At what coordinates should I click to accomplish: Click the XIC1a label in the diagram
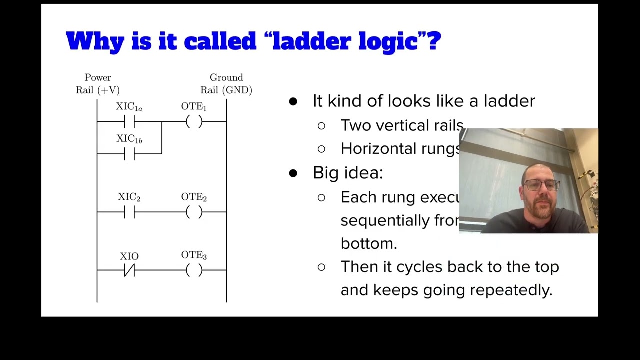[x=129, y=107]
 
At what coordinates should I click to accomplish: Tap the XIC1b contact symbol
[x=129, y=154]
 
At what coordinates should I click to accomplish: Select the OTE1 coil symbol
[x=194, y=121]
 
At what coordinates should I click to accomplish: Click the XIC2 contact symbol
[x=129, y=212]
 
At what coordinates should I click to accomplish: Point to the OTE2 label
[x=194, y=198]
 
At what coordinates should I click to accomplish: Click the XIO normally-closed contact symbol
[x=129, y=270]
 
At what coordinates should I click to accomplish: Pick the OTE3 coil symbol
[x=194, y=270]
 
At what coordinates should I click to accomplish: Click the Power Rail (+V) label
[x=98, y=84]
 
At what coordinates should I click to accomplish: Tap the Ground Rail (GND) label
[x=226, y=84]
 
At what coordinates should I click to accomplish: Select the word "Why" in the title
[x=95, y=41]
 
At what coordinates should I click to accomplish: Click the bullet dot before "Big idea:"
[x=293, y=173]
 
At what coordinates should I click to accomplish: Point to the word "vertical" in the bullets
[x=404, y=125]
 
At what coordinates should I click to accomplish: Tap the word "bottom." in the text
[x=369, y=243]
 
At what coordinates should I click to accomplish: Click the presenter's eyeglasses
[x=542, y=186]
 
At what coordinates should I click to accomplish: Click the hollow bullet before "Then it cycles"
[x=321, y=267]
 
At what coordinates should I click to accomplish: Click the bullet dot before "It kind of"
[x=293, y=101]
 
